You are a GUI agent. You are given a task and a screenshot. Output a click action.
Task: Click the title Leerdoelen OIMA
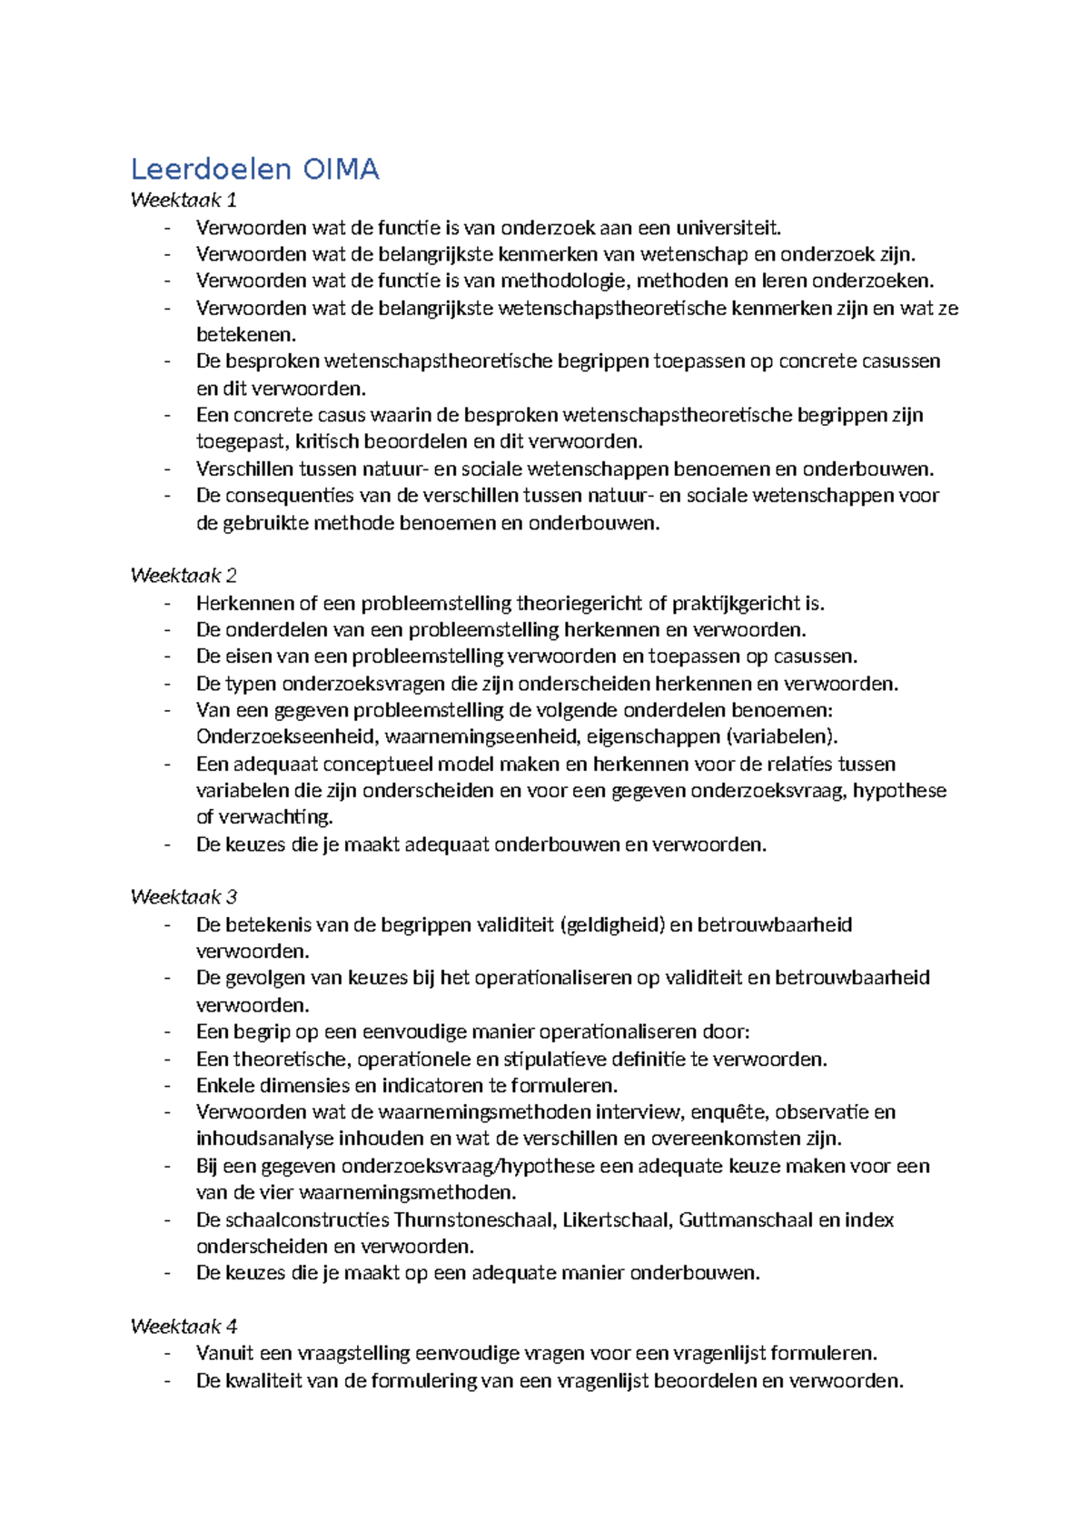click(x=254, y=169)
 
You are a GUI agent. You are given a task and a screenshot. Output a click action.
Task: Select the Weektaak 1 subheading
click(x=183, y=200)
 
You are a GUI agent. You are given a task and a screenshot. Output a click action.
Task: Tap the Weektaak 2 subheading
click(x=183, y=575)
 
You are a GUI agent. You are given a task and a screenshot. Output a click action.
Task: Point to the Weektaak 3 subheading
click(x=183, y=897)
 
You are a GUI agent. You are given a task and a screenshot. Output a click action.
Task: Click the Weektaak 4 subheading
click(x=183, y=1326)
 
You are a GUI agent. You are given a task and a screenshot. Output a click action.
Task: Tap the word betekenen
click(x=245, y=334)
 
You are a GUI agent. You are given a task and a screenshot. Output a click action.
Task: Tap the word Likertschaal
click(x=617, y=1219)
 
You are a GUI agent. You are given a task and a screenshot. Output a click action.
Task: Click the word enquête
click(x=728, y=1111)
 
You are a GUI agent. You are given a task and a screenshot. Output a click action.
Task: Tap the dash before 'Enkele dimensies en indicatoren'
click(x=168, y=1085)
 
